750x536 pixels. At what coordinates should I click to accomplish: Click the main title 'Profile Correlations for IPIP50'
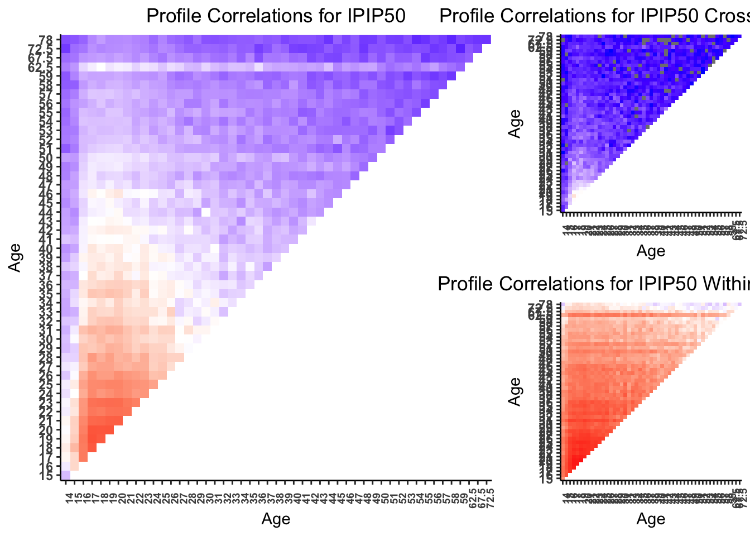276,16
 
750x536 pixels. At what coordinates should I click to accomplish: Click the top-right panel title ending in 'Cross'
595,16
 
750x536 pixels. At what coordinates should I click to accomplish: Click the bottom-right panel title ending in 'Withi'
594,284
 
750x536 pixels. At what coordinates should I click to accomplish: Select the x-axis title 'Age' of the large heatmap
276,519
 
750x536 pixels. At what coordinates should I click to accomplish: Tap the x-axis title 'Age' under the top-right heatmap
651,251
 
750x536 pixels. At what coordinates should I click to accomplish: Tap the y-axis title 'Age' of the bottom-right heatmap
515,391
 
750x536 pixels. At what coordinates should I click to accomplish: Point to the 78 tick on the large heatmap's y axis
46,40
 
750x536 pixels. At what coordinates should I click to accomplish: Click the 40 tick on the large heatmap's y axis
46,249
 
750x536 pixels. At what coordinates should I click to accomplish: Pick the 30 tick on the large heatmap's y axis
46,339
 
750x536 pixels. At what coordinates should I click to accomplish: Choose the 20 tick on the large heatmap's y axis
46,430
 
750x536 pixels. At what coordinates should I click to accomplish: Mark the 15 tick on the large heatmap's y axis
46,476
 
